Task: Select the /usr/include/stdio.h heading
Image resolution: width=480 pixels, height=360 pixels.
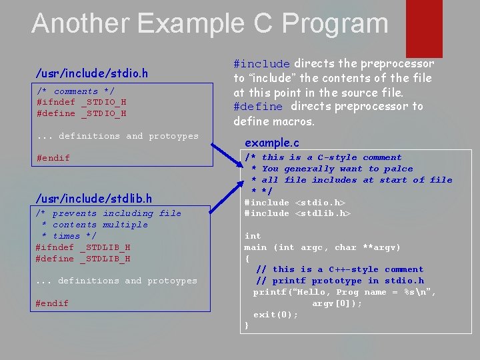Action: (92, 72)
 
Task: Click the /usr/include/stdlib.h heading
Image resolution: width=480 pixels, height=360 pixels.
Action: (93, 198)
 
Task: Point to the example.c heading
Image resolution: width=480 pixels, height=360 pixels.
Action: (272, 143)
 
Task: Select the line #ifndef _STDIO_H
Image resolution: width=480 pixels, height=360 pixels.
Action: (81, 103)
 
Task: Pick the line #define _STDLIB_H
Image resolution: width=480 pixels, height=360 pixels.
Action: (83, 259)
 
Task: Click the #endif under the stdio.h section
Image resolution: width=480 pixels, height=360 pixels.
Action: (53, 158)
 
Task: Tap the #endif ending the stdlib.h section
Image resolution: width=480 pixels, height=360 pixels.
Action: (52, 303)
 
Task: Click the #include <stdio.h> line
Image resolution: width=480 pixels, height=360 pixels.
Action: (295, 203)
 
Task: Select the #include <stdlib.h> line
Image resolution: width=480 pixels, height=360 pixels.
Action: (297, 213)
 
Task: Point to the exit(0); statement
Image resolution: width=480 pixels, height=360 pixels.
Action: (275, 315)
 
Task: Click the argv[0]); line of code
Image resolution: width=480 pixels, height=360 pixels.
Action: (337, 303)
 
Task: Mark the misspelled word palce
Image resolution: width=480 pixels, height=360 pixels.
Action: (398, 169)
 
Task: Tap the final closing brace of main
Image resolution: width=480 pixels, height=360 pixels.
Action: (247, 325)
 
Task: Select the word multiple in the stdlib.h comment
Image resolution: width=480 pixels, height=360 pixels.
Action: (125, 225)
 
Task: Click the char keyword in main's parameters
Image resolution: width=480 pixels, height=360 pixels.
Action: (345, 247)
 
